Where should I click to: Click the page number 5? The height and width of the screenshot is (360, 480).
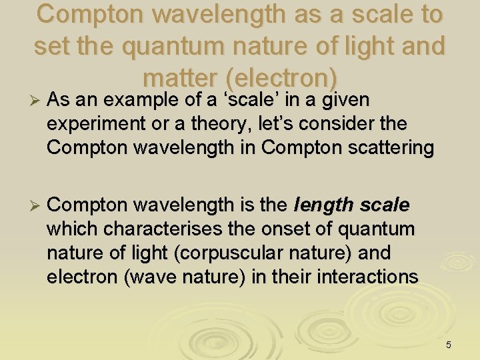pos(448,345)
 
